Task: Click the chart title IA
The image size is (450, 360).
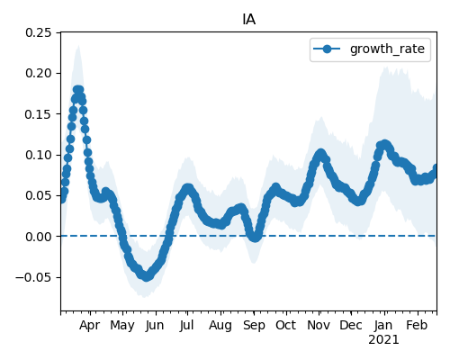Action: (249, 20)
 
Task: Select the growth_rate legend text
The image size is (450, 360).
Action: (387, 49)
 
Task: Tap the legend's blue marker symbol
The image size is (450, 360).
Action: (327, 49)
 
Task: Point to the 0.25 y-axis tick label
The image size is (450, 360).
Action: (38, 32)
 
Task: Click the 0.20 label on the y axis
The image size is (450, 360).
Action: (38, 73)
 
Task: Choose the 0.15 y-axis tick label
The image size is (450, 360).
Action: (38, 114)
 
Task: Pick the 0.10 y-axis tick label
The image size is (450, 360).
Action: (38, 155)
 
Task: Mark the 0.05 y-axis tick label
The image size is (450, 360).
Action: (38, 195)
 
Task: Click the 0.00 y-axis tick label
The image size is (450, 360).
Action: (38, 237)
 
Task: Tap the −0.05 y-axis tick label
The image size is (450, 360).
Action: (33, 277)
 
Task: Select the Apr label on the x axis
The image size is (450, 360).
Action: (90, 326)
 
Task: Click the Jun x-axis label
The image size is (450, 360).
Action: (155, 326)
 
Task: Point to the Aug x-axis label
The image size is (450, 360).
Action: (220, 326)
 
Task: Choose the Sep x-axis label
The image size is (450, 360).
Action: (254, 326)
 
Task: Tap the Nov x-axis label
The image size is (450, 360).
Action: (319, 326)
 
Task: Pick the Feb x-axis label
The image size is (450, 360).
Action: (417, 326)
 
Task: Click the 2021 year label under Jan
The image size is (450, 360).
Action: (384, 340)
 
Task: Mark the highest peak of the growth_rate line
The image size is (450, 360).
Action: (78, 89)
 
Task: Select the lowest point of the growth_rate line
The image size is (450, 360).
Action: (146, 277)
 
